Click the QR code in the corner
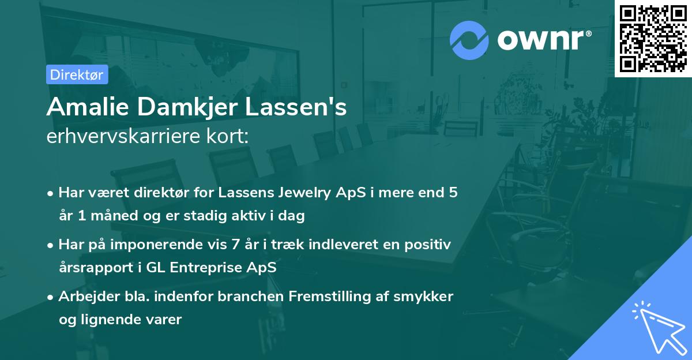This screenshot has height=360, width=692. [x=653, y=39]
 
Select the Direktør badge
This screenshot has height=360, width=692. [x=77, y=74]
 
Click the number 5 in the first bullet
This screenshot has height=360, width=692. [x=453, y=193]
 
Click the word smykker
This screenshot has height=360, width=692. [x=427, y=297]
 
